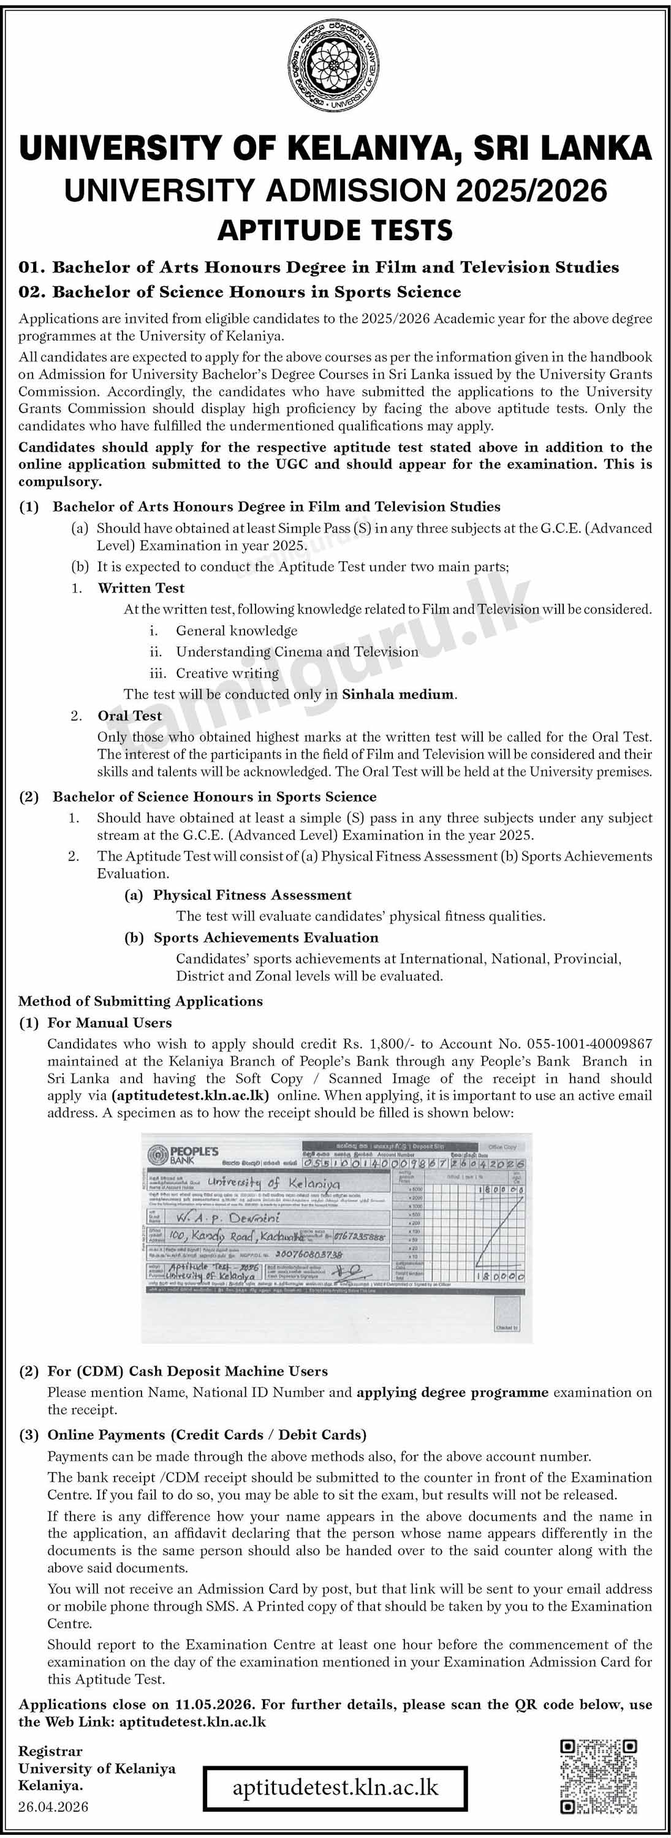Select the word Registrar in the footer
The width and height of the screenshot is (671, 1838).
click(x=50, y=1750)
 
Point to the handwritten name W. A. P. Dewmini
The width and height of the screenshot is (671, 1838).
click(x=229, y=1217)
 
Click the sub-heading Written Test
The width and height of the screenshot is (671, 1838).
click(x=142, y=588)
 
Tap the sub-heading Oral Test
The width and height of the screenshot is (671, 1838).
click(x=130, y=715)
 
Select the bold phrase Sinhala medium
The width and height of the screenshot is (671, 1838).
click(x=398, y=694)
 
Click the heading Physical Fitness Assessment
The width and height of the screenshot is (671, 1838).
click(x=252, y=894)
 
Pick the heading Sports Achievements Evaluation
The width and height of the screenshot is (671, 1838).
click(x=265, y=937)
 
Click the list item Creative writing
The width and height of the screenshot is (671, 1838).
click(x=227, y=673)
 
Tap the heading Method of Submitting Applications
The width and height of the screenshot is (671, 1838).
click(x=140, y=1000)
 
